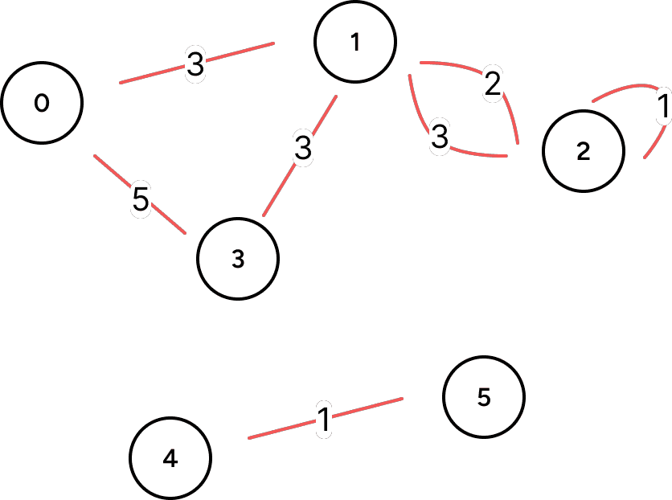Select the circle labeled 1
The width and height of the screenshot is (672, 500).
(355, 43)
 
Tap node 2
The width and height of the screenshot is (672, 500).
(584, 151)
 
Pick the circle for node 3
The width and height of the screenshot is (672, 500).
(238, 259)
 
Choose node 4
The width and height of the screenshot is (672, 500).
(170, 458)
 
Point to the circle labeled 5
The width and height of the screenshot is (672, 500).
(484, 397)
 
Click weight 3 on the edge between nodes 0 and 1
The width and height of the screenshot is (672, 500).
(195, 65)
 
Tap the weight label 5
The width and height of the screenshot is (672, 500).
(141, 201)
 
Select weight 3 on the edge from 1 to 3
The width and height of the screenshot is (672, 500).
(302, 150)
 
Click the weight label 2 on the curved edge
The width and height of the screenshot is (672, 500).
(493, 83)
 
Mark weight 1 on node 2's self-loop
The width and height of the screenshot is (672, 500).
(663, 107)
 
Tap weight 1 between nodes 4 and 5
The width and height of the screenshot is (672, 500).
(323, 419)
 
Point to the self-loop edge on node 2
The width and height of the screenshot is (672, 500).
(627, 85)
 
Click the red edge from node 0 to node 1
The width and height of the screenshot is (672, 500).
(241, 55)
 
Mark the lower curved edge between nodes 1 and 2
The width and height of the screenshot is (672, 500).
(474, 151)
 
